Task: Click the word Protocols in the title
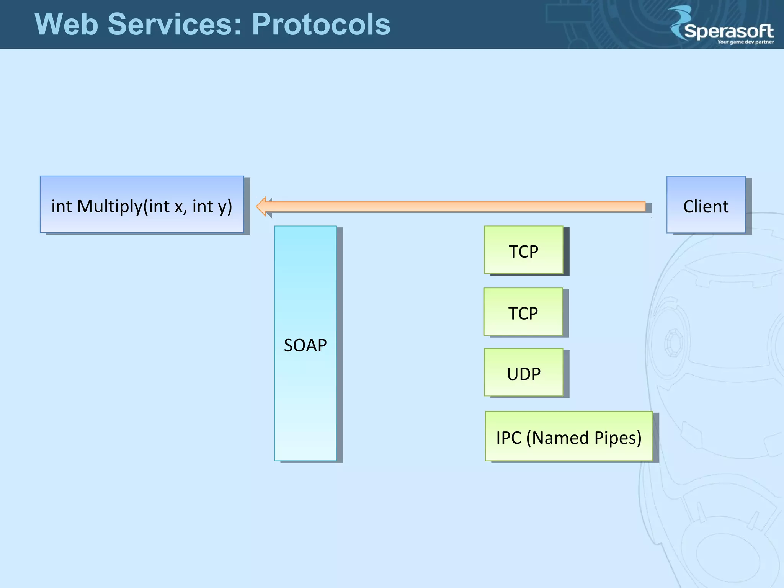pyautogui.click(x=321, y=24)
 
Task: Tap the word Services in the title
pyautogui.click(x=174, y=24)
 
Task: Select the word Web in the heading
pyautogui.click(x=66, y=24)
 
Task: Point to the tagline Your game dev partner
pyautogui.click(x=745, y=42)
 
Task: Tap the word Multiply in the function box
pyautogui.click(x=109, y=207)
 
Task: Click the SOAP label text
pyautogui.click(x=305, y=345)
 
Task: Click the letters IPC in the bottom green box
pyautogui.click(x=508, y=438)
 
